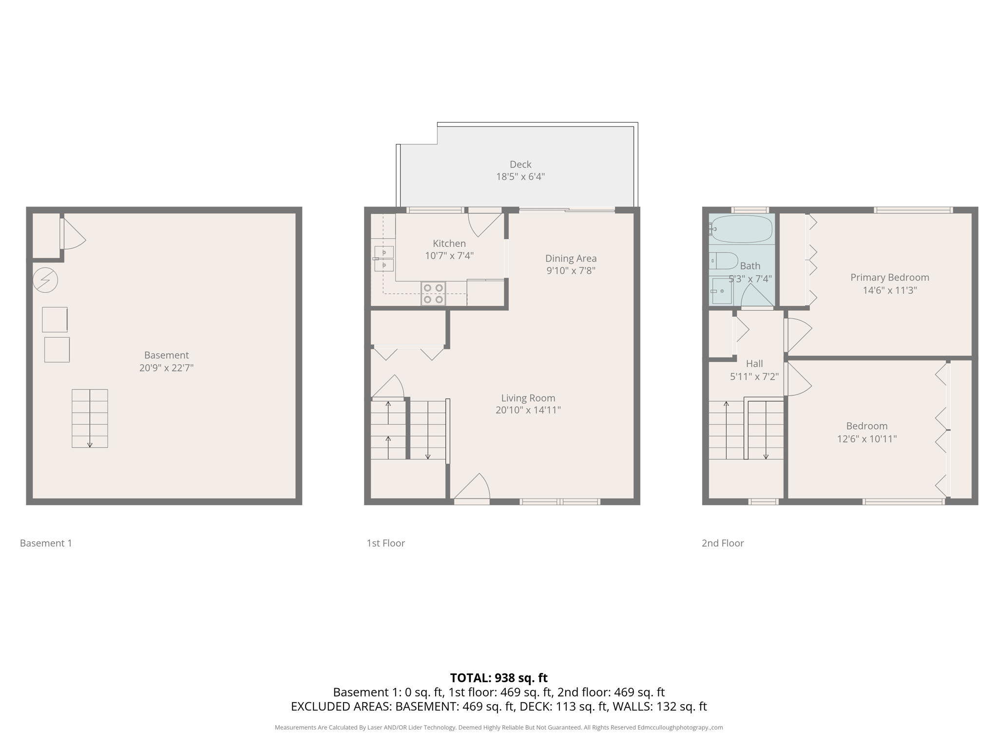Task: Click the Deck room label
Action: tap(520, 165)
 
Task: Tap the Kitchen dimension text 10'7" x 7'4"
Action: tap(449, 256)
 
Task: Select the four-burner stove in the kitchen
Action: tap(433, 294)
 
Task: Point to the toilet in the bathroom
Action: tap(724, 261)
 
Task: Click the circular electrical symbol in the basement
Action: tap(45, 280)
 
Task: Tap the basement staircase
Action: tap(90, 418)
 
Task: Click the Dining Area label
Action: tap(571, 259)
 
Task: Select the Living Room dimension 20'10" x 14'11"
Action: tap(528, 410)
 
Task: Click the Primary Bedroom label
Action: tap(889, 278)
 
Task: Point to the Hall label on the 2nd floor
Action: tap(754, 364)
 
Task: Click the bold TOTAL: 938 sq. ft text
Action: tap(499, 678)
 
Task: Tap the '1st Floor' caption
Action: tap(385, 543)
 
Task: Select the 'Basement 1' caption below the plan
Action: tap(46, 543)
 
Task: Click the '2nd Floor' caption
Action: tap(722, 543)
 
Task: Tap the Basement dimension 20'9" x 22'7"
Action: tap(166, 368)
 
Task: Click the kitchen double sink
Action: tap(384, 259)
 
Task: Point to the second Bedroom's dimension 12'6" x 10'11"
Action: tap(866, 439)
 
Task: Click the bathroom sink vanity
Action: tap(722, 291)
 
